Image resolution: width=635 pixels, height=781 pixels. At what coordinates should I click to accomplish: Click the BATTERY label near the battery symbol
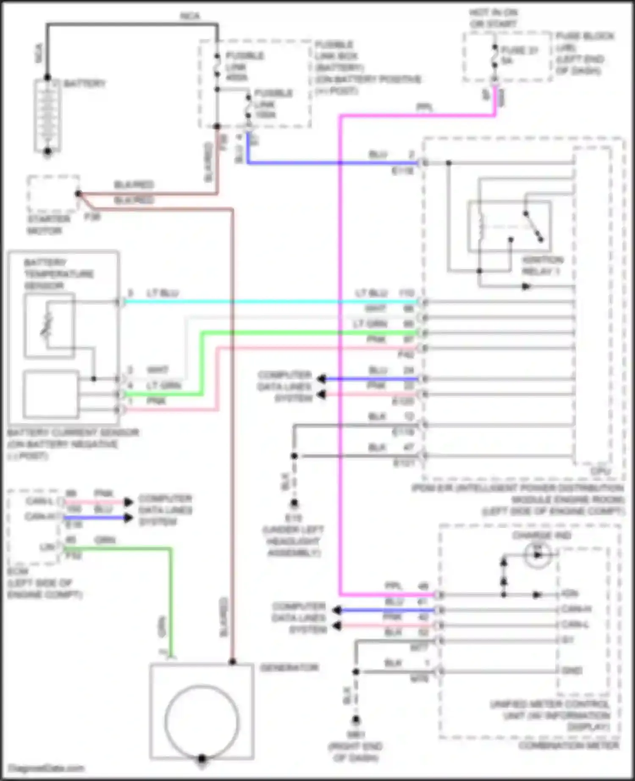pos(84,83)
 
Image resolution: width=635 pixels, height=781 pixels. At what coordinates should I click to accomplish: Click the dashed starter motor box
pos(53,194)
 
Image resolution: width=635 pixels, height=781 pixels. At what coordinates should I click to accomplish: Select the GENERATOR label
pos(289,668)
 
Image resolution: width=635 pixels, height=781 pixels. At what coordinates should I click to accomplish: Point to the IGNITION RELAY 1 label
pos(542,265)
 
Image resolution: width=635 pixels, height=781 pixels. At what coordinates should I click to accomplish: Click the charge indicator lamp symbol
pos(538,554)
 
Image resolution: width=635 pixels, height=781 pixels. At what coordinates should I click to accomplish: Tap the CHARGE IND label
pos(541,536)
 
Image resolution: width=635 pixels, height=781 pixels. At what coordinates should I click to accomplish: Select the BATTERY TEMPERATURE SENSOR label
pos(58,274)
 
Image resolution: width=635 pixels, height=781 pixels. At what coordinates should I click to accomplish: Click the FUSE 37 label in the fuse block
pos(519,50)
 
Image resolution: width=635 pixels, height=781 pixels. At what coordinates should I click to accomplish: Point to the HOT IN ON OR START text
pos(493,18)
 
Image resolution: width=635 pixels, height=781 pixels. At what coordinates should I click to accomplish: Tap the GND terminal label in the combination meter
pos(572,671)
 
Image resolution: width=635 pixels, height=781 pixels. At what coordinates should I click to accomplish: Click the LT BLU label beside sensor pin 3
pos(163,293)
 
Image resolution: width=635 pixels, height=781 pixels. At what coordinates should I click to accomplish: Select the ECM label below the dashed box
pos(18,571)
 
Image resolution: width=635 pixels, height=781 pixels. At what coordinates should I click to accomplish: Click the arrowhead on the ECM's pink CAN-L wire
pos(128,502)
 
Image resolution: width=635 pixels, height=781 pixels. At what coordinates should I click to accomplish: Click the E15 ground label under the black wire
pos(293,518)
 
